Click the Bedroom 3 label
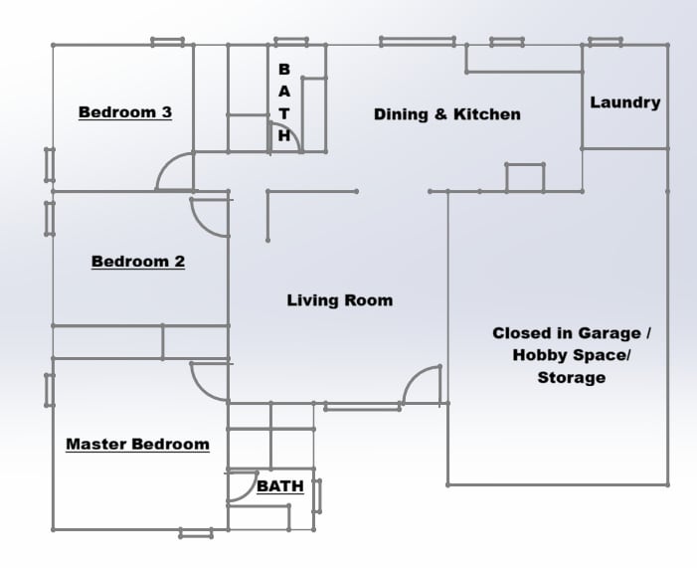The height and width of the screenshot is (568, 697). coord(124,112)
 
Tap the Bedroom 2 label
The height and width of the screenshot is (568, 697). coord(137,262)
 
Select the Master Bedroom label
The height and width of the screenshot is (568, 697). coord(137,444)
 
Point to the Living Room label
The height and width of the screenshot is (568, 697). coord(339,299)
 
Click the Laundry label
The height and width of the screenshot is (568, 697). coord(624,102)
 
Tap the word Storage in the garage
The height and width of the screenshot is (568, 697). coord(571,377)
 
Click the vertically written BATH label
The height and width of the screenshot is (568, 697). coord(284,102)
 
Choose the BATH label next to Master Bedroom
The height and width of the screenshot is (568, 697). coord(279,487)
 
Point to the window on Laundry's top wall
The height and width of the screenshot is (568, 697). coord(605,43)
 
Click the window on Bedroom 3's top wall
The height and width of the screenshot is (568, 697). coord(167,43)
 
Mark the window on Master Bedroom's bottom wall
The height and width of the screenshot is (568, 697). coord(196,534)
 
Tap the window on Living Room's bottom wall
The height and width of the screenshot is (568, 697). coord(362,407)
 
